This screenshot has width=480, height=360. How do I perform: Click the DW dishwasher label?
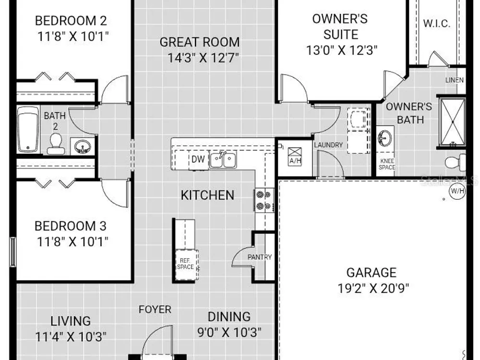pos(198,159)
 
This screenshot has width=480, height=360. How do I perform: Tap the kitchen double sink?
pos(223,160)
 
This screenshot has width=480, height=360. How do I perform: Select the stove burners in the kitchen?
pos(264,200)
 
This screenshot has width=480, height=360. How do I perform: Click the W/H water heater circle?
pos(457,192)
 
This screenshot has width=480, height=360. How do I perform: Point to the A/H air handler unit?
pos(295,156)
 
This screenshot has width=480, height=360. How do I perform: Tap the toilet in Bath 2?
pos(56,144)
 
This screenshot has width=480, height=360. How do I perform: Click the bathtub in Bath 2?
pos(28,129)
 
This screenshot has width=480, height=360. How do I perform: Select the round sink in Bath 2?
pos(82,146)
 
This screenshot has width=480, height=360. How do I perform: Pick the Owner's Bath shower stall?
pos(452,122)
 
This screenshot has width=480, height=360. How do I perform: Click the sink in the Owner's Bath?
pos(385,138)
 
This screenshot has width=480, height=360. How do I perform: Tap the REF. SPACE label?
pos(185,264)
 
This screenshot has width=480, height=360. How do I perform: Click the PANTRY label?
pos(260,257)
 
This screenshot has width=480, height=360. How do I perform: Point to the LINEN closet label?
pos(454,80)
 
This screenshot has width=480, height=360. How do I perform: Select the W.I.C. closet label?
pos(437,23)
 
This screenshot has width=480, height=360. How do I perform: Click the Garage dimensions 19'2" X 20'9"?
pos(373,288)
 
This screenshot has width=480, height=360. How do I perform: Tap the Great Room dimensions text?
pos(203,58)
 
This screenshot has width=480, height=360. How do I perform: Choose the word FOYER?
pos(155,310)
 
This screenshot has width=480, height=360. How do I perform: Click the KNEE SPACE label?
pos(387,164)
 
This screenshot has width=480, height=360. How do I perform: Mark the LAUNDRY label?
pos(328,145)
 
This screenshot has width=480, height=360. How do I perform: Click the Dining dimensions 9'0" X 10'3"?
pos(229,332)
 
